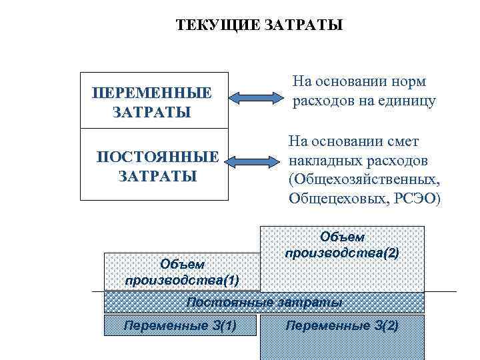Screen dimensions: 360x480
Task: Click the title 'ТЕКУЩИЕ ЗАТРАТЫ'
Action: tap(259, 26)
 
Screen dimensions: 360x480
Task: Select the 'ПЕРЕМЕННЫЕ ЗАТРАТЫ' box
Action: tap(153, 101)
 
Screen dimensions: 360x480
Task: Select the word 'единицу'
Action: tap(408, 101)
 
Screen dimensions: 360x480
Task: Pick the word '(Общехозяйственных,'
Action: tap(365, 180)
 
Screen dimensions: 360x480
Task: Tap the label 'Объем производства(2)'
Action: tap(342, 245)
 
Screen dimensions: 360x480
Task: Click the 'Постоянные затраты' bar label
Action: tap(264, 302)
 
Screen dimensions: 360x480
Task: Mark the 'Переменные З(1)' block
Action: tap(181, 325)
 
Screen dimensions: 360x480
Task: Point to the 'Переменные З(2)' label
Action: tap(342, 325)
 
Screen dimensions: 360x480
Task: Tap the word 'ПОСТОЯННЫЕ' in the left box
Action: tap(157, 157)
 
